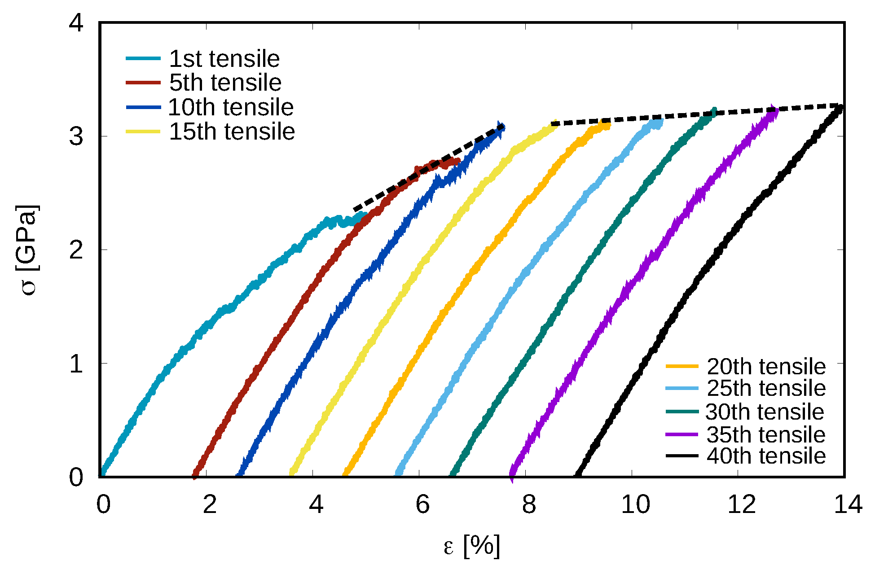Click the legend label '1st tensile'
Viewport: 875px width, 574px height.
pos(224,59)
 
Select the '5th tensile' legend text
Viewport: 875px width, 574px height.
pos(225,83)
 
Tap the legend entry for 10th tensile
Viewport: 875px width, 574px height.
pos(231,107)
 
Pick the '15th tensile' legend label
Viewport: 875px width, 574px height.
pos(232,131)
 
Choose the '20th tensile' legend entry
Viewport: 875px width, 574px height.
pos(766,367)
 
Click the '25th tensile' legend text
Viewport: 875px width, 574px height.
pos(766,388)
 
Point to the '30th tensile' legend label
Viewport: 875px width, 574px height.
pos(765,412)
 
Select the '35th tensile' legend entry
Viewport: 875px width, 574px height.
pos(766,434)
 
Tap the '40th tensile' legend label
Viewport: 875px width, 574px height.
pos(766,456)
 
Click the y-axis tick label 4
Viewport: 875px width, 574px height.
pos(76,22)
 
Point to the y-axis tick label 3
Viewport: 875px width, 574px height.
pos(76,136)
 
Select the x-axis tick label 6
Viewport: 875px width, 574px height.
pos(422,504)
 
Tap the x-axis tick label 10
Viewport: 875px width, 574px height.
pos(635,504)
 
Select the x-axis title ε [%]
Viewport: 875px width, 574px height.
pos(471,546)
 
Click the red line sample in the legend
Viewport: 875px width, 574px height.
pos(143,83)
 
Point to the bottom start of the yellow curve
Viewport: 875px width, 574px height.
pos(292,473)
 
